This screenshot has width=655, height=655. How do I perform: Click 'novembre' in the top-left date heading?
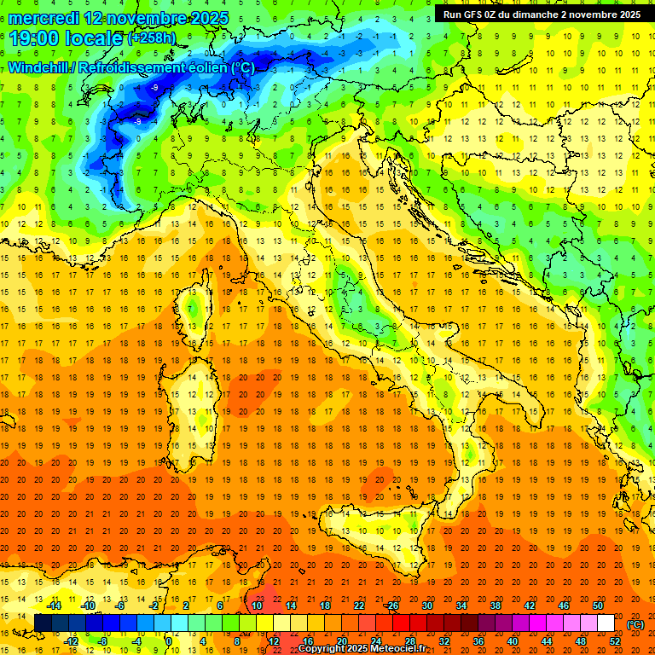(144, 18)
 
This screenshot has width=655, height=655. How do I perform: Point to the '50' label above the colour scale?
(597, 606)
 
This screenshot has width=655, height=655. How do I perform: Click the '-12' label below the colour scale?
(71, 641)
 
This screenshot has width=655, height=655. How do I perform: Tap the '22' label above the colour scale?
(359, 606)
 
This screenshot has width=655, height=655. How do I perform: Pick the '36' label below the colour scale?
(479, 641)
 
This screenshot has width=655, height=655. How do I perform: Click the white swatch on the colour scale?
(606, 623)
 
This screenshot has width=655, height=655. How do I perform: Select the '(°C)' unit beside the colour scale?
(635, 623)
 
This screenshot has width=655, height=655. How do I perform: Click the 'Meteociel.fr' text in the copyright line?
(407, 649)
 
